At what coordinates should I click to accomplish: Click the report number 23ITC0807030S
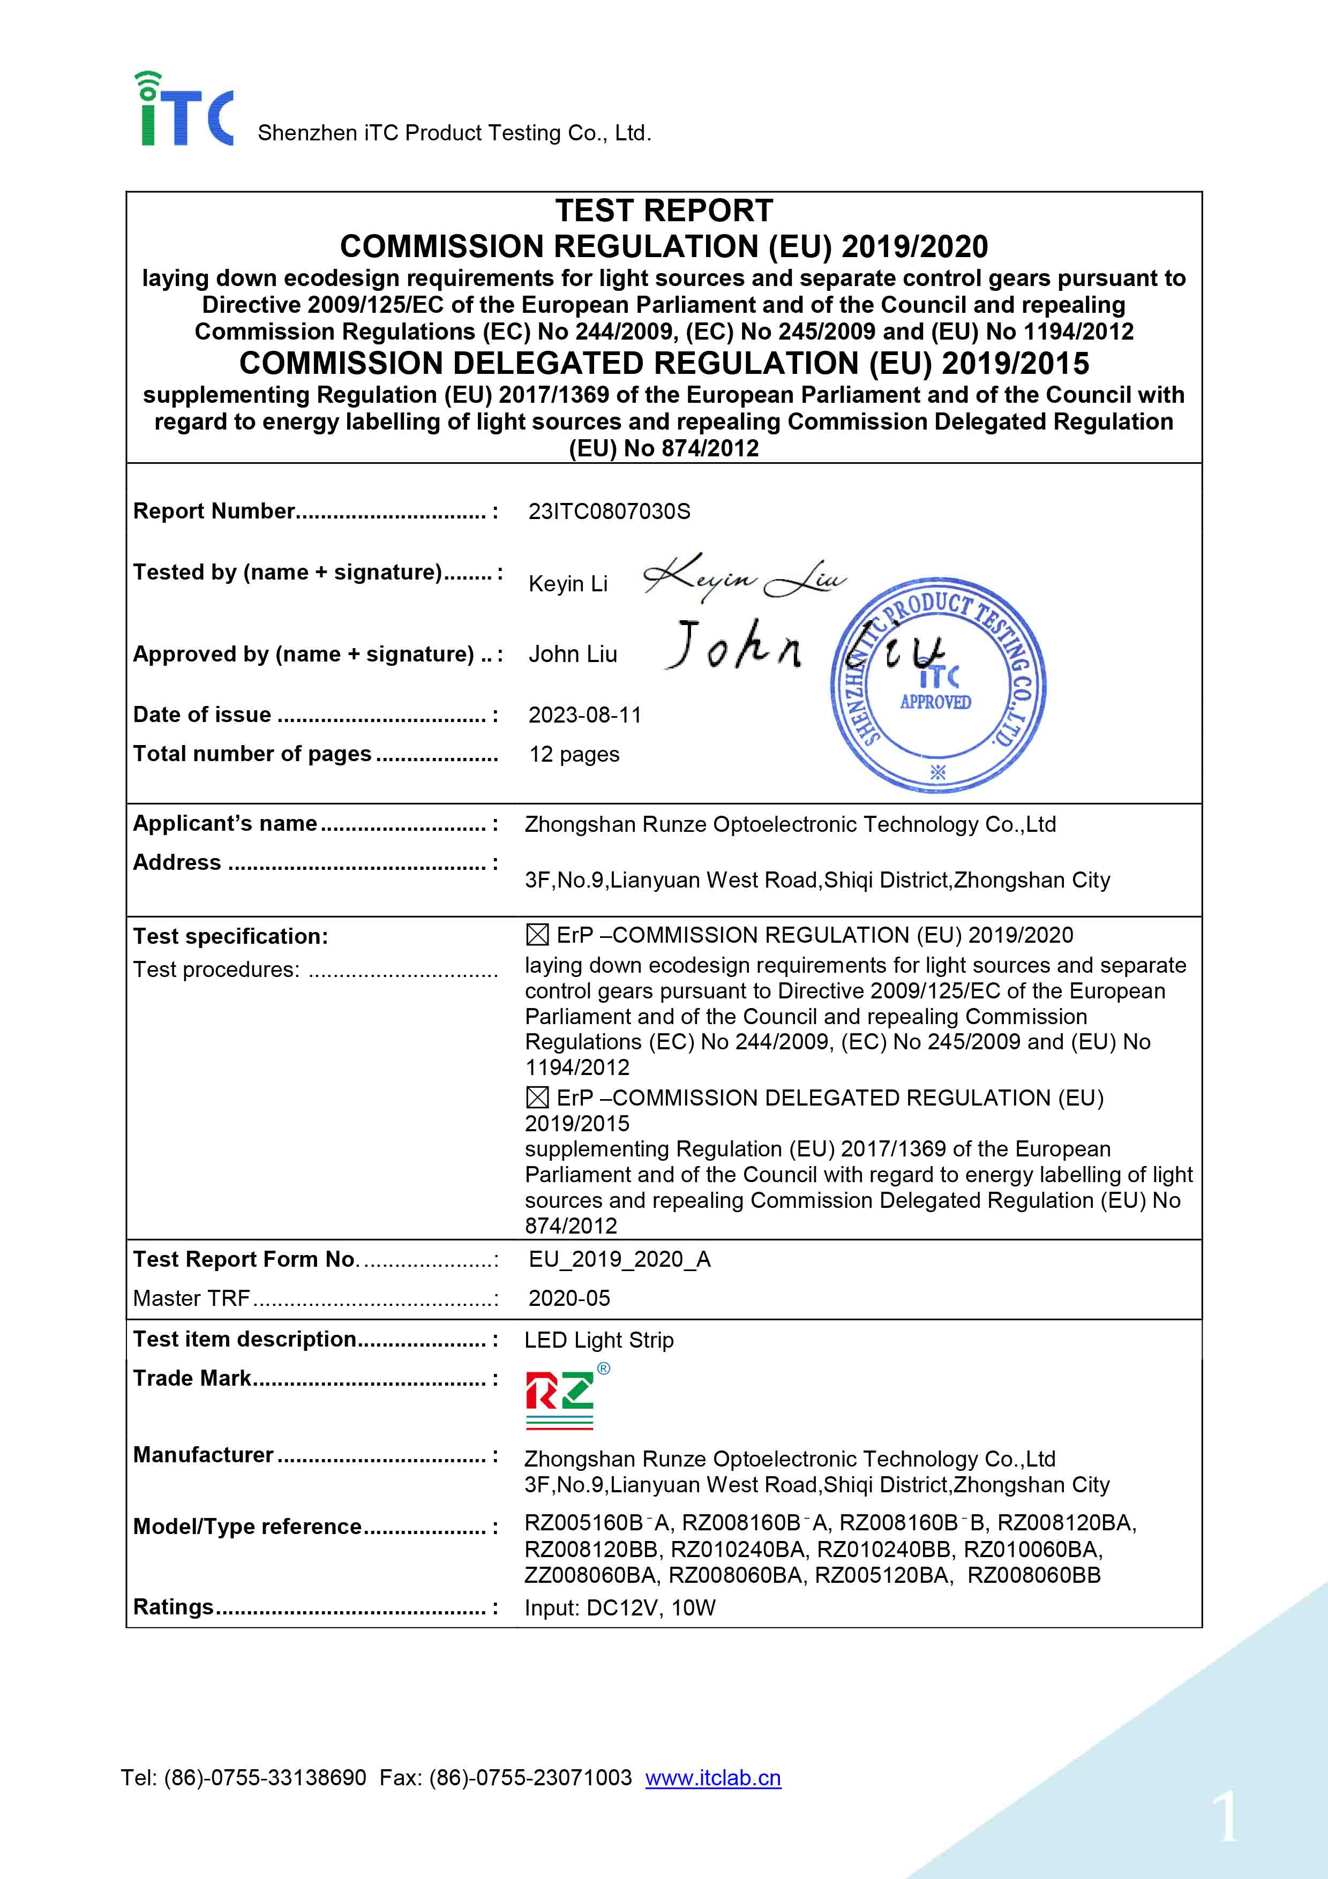point(609,512)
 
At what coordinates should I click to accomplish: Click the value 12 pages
point(574,755)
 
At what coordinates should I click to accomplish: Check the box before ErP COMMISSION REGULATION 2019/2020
point(537,935)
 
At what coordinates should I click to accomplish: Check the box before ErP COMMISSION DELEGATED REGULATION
point(537,1098)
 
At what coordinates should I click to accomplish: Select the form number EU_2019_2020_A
point(619,1259)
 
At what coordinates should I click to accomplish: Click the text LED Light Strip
point(599,1341)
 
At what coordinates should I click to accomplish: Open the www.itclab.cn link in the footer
point(712,1778)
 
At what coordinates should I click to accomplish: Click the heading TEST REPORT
point(664,211)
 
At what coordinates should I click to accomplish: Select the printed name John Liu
point(573,655)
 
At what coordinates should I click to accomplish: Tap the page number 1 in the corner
point(1225,1816)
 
